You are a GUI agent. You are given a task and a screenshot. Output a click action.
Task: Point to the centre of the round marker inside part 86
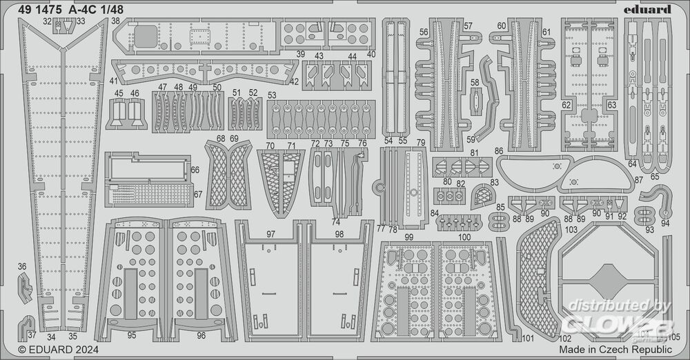557,166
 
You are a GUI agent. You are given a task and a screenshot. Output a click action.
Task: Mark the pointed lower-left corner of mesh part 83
473,208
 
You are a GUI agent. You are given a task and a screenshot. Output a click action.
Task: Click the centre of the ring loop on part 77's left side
378,188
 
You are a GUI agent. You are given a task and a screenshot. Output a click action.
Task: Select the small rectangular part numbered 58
475,102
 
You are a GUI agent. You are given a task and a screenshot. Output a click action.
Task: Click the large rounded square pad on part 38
145,36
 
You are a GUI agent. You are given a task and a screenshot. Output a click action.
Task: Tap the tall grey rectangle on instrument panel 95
130,294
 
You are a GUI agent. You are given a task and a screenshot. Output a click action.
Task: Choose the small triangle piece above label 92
620,203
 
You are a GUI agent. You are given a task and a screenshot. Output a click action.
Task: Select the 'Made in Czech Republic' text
615,350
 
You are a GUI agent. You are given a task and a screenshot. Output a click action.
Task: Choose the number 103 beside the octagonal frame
571,229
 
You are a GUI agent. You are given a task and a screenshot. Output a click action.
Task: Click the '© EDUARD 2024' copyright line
59,350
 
